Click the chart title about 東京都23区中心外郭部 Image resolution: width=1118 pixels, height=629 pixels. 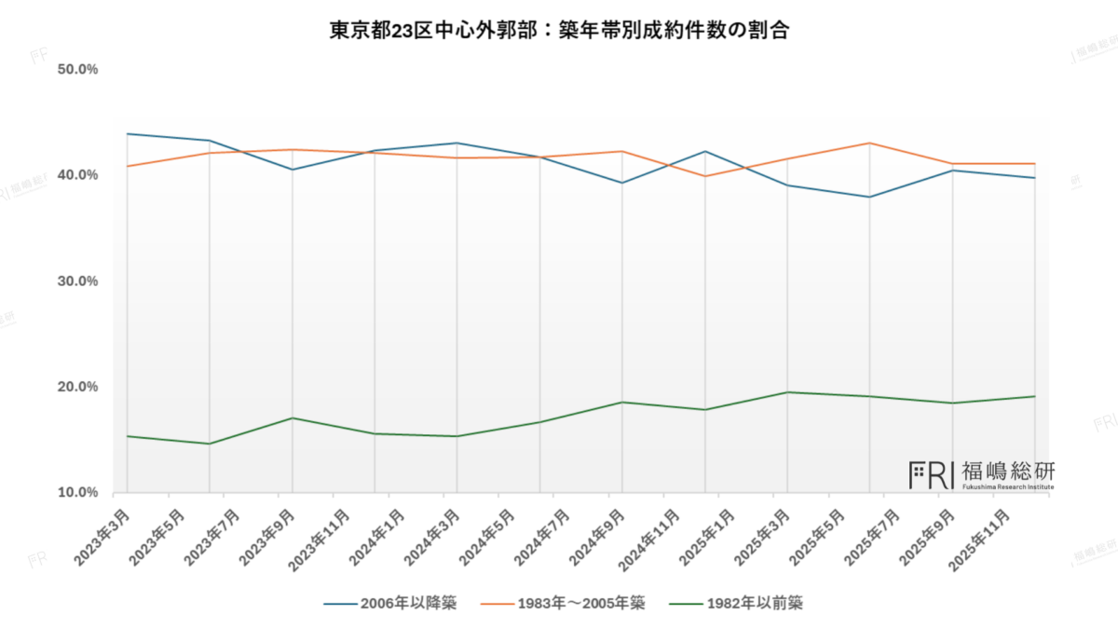click(559, 29)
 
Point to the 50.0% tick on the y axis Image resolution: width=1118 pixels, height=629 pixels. click(77, 70)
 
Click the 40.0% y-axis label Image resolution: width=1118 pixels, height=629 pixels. click(77, 175)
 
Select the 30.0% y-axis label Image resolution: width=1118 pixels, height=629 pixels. click(77, 281)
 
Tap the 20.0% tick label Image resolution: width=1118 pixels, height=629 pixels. click(77, 387)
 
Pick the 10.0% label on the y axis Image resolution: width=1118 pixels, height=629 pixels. click(77, 492)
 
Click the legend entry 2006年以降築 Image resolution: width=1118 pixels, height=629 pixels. click(390, 603)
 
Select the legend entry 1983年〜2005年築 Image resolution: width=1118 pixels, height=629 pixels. click(563, 603)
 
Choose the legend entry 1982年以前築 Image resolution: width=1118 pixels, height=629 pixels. click(735, 603)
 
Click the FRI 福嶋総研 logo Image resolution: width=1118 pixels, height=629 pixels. click(982, 475)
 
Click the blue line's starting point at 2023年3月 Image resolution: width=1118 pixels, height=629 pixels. click(127, 134)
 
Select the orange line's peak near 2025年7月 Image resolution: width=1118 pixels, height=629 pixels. click(869, 144)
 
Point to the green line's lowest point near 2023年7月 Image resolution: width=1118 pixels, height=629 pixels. click(209, 444)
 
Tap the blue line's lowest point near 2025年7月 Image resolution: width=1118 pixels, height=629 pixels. click(869, 198)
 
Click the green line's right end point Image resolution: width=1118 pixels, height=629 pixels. click(1035, 397)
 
